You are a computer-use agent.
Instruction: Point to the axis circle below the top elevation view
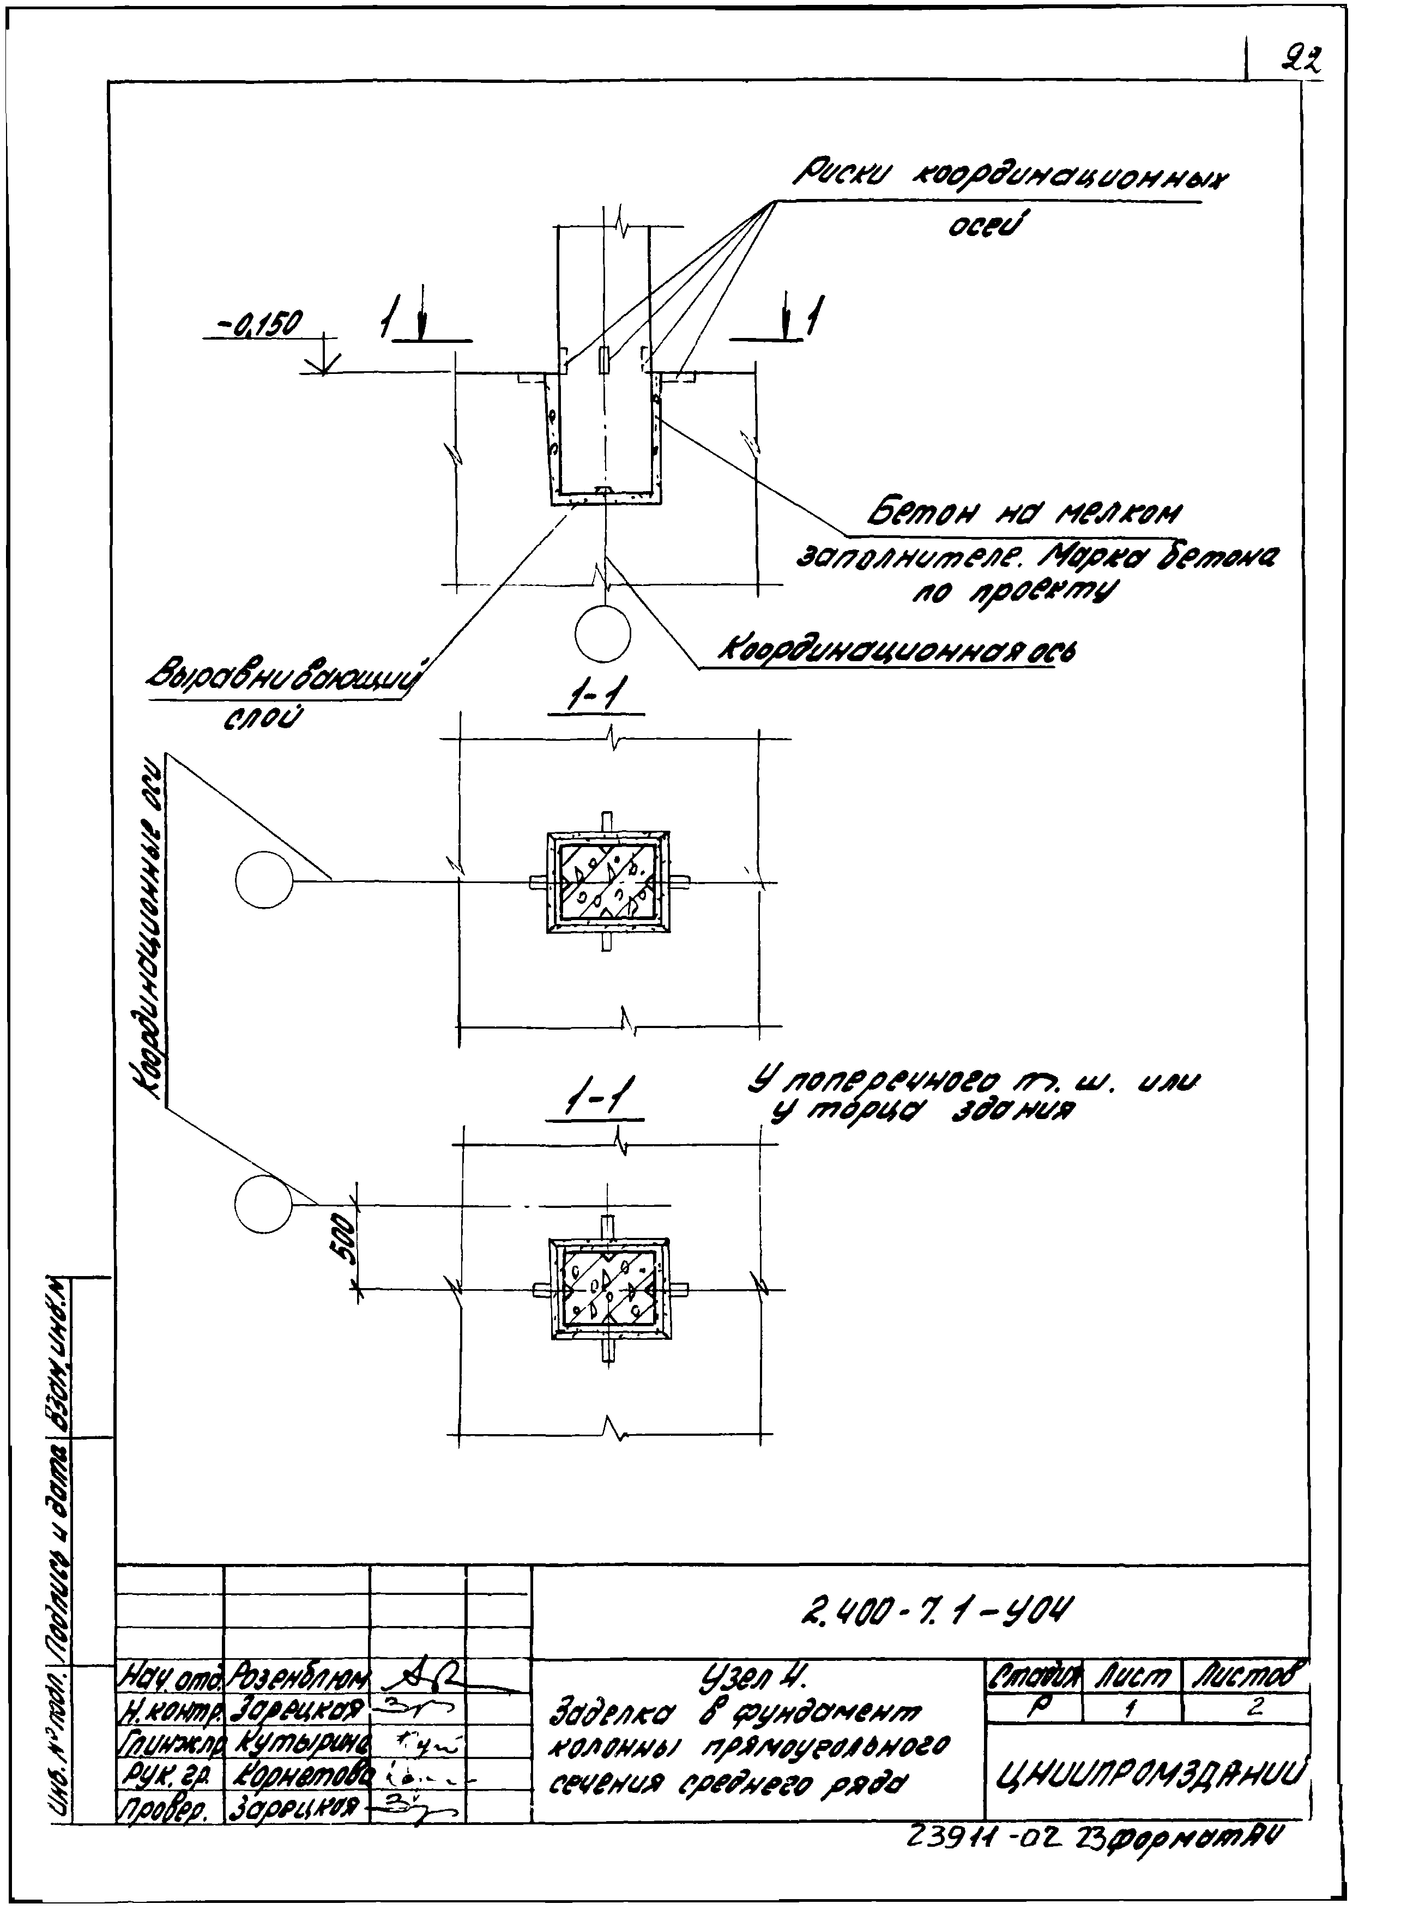[602, 632]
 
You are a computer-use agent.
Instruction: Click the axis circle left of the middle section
[264, 881]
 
